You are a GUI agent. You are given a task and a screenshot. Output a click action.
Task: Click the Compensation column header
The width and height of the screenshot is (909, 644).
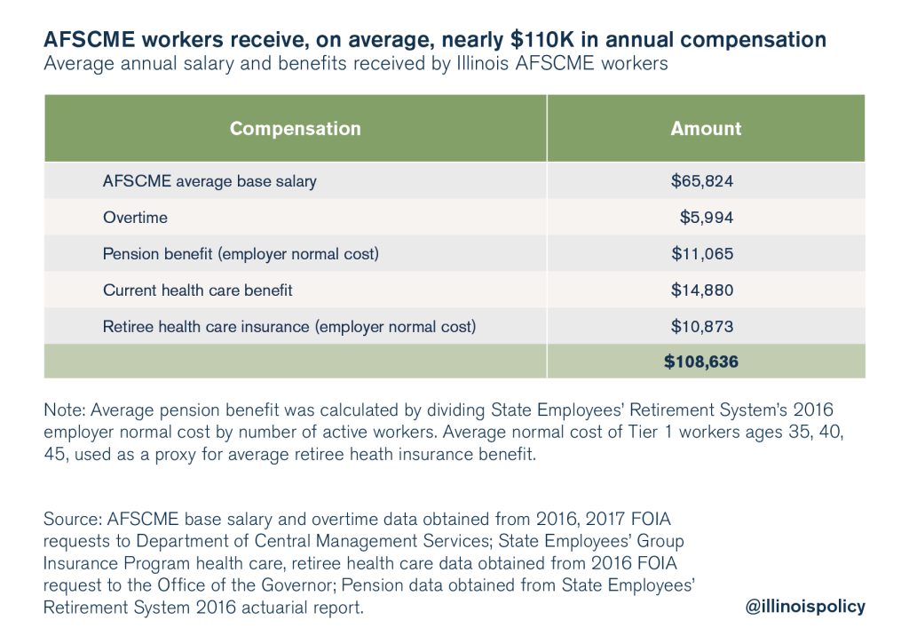(295, 129)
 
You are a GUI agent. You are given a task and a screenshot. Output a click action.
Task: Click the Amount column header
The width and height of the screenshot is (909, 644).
(706, 129)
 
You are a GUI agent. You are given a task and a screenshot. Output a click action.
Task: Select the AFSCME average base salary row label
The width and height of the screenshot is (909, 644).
(209, 181)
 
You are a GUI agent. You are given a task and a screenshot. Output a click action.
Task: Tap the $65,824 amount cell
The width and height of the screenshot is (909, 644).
(703, 181)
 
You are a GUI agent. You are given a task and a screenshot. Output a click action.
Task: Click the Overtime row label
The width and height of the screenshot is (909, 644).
(135, 218)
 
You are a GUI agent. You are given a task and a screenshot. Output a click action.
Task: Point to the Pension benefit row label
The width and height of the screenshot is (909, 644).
(241, 254)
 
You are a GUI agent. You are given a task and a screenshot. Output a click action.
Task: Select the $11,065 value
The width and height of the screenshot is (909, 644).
(703, 254)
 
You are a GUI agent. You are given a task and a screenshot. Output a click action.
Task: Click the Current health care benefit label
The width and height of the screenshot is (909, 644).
(197, 290)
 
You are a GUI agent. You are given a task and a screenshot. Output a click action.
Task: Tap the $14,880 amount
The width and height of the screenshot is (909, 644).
(703, 290)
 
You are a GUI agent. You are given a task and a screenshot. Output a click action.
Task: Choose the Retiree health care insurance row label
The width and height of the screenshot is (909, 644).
(289, 327)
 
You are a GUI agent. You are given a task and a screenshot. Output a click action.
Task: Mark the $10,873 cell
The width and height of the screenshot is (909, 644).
(703, 327)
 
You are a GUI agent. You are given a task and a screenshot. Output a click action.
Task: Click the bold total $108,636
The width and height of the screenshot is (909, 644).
(701, 362)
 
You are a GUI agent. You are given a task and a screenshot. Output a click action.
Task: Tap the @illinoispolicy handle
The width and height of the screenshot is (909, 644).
(806, 607)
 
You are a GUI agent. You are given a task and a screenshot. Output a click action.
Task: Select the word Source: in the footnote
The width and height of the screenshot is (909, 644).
(73, 516)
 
